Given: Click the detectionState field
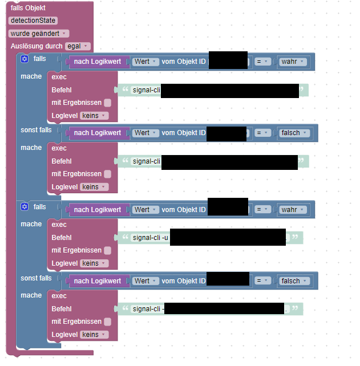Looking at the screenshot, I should click(33, 21).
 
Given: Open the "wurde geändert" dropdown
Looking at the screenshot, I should click(39, 34).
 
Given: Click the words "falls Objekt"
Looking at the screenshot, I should click(29, 7).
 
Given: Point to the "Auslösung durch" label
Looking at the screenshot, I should click(37, 46).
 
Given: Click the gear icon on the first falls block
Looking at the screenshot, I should click(25, 59).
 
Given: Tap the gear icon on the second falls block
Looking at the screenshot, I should click(25, 206).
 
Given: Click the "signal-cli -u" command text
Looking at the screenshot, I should click(151, 238).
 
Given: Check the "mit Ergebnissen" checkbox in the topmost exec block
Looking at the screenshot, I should click(107, 103).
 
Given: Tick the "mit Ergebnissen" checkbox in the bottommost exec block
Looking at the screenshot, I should click(107, 322).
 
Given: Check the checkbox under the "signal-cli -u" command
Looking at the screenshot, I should click(107, 250).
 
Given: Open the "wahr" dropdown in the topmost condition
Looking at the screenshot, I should click(293, 62).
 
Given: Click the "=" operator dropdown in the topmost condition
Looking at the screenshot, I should click(262, 62).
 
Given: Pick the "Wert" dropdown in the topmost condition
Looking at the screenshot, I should click(145, 62).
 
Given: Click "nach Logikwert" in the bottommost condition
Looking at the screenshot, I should click(98, 281).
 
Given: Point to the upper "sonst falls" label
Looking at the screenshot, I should click(36, 130).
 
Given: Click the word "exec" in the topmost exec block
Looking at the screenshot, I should click(59, 77).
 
